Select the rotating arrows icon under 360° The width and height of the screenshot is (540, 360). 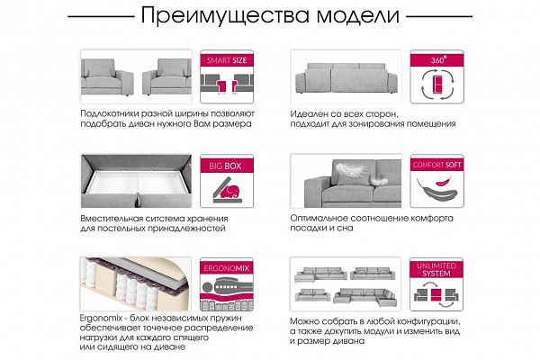(432, 86)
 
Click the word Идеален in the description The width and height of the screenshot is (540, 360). (312, 115)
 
